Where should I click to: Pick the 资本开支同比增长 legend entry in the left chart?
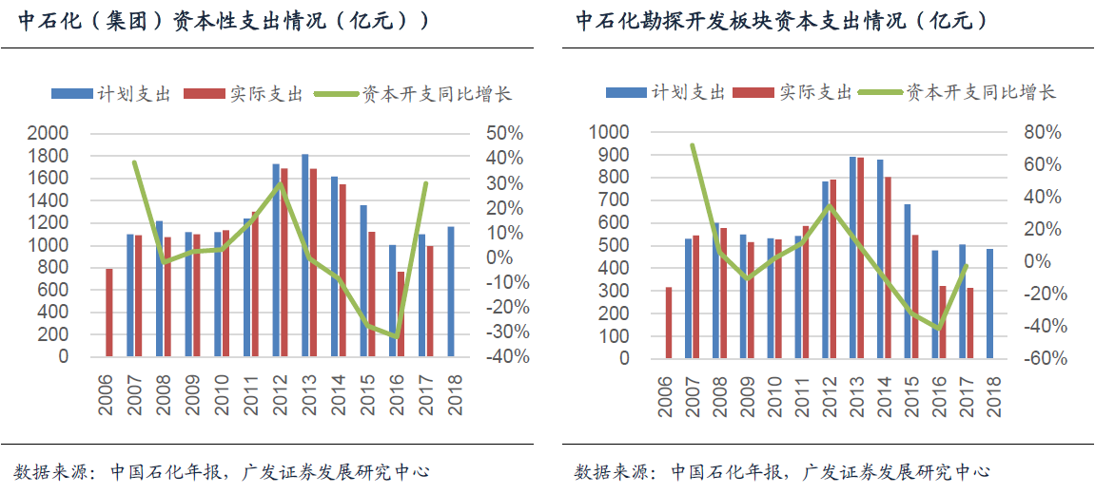tap(413, 93)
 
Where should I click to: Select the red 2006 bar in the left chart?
tap(109, 313)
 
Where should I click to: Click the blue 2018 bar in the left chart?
tap(452, 292)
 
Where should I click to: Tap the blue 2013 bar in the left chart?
tap(305, 256)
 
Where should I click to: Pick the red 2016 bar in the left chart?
tap(401, 314)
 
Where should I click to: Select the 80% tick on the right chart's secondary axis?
tap(1042, 133)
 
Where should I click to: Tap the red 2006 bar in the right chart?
tap(668, 323)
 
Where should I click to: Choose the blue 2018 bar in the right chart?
tap(989, 304)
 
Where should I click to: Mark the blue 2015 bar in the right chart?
tap(908, 281)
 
